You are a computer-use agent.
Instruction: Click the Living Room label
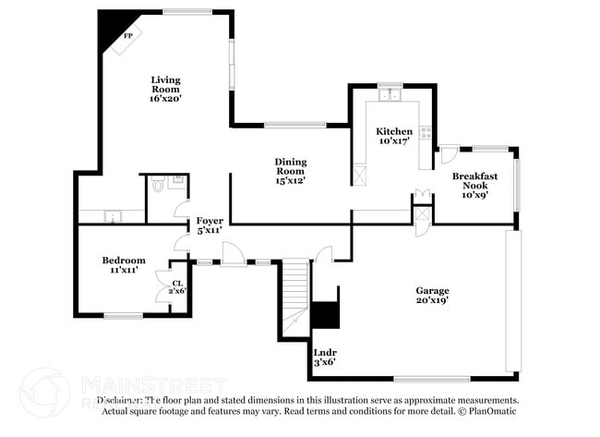(x=166, y=84)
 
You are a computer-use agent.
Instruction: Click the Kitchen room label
(x=394, y=131)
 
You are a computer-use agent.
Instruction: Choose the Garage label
(x=432, y=290)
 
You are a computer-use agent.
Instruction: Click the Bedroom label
(x=124, y=261)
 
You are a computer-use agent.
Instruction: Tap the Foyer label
(x=209, y=221)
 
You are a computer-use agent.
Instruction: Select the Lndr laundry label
(x=324, y=351)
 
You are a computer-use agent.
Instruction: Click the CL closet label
(x=175, y=284)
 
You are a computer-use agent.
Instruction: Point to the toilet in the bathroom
(x=158, y=185)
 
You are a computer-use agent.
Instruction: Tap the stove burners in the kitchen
(x=426, y=132)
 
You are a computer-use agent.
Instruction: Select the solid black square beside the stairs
(x=325, y=315)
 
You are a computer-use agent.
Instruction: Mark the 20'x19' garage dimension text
(x=432, y=301)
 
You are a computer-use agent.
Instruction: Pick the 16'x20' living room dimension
(x=166, y=99)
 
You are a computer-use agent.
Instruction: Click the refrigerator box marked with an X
(x=359, y=172)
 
